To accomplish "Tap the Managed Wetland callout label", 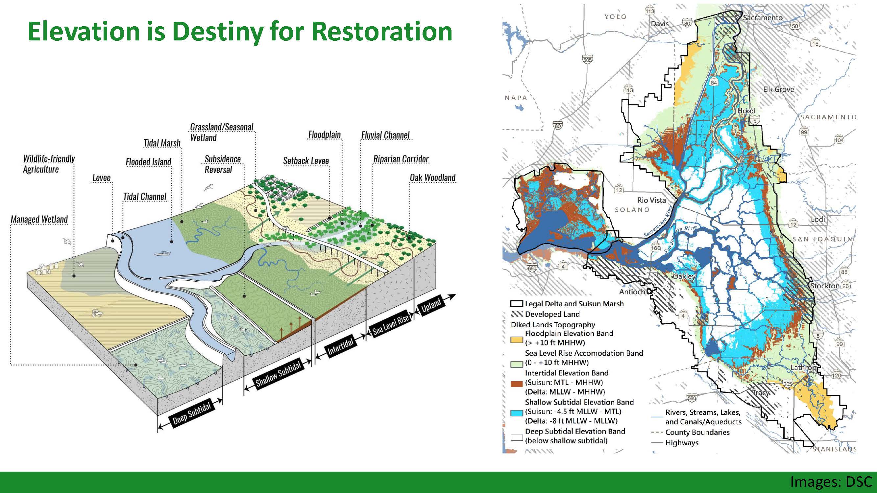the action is click(39, 220).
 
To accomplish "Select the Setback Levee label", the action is click(306, 161).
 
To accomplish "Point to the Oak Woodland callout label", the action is click(432, 177).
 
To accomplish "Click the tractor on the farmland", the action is click(96, 313).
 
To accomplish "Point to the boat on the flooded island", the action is click(163, 253).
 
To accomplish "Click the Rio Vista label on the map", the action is click(651, 200).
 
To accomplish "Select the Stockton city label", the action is click(825, 286).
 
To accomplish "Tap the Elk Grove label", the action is click(778, 89).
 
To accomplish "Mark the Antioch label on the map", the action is click(632, 292).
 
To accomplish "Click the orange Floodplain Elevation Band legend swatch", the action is click(517, 339).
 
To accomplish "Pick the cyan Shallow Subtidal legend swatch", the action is click(517, 413).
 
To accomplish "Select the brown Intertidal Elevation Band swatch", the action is click(517, 384).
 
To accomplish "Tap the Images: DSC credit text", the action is click(831, 482).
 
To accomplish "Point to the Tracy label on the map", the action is click(761, 392).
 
